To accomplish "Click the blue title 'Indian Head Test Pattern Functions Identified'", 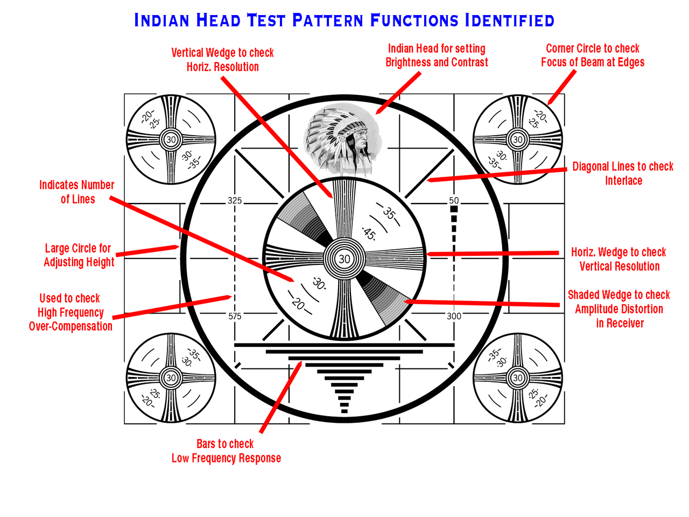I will tap(344, 20).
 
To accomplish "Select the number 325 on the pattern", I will tap(235, 201).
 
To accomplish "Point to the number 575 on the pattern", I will tap(235, 316).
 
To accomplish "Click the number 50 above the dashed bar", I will tap(454, 200).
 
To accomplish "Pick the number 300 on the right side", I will tap(454, 316).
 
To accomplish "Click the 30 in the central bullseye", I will tap(344, 259).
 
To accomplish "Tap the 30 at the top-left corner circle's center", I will tap(171, 139).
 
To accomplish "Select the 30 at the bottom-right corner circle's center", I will tap(518, 378).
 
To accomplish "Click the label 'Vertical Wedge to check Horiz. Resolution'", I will tap(222, 60).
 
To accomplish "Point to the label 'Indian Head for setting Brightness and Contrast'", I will tap(437, 55).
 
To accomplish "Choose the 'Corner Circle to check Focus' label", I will tap(592, 55).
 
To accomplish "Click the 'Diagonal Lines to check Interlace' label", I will tap(623, 173).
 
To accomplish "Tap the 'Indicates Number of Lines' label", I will tap(77, 192).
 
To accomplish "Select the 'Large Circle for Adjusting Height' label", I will tap(79, 255).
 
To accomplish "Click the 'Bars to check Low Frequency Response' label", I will tap(226, 451).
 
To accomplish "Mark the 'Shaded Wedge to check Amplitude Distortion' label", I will tap(619, 309).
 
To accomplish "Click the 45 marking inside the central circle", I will tap(369, 234).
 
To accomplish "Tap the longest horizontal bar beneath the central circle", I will tap(344, 345).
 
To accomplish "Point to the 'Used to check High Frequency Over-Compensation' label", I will tap(71, 312).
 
